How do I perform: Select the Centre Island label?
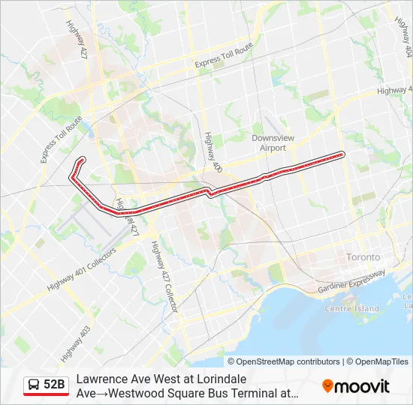click(351, 309)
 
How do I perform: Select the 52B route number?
click(54, 385)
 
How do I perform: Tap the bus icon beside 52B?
click(34, 385)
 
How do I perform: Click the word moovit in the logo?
click(362, 386)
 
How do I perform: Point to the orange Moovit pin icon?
click(327, 386)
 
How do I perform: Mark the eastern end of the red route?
click(342, 154)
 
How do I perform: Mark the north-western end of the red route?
click(81, 159)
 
